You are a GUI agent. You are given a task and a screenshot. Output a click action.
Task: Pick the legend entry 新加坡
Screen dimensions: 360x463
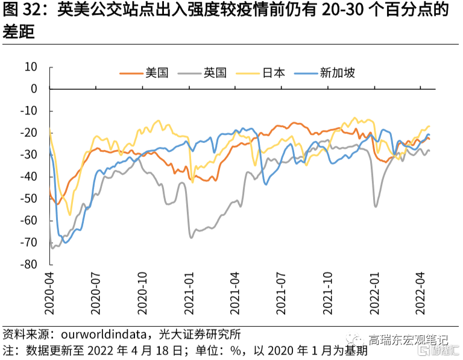click(337, 73)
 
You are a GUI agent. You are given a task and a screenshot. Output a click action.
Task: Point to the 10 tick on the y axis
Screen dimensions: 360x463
click(31, 67)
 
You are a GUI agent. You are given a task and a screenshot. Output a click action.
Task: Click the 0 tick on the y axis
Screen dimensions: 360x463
click(34, 89)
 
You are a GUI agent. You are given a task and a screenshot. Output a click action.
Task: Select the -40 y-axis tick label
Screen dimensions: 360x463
click(28, 177)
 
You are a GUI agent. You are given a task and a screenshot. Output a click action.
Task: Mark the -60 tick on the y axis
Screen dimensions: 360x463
click(28, 221)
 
